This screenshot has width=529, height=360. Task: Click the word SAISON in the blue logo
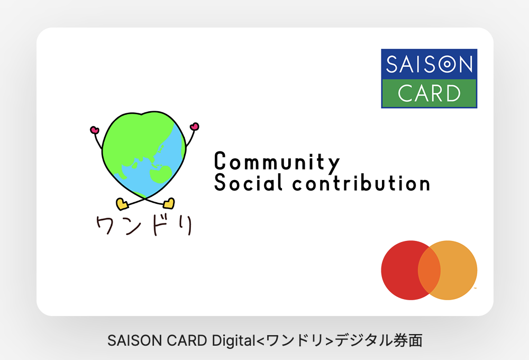point(429,64)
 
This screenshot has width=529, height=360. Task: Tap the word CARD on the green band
point(429,93)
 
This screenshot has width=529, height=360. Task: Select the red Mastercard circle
point(405,270)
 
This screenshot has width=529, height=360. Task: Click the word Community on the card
point(277,162)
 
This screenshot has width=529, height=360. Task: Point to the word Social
point(248,183)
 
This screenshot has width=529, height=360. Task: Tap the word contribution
point(361,183)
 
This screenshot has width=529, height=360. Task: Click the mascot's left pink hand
point(95,130)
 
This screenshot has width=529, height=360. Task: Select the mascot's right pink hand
point(194,127)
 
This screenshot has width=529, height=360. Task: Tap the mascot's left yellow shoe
point(122,204)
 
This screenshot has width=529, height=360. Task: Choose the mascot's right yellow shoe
point(169,203)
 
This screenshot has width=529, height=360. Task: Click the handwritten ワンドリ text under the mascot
point(144,225)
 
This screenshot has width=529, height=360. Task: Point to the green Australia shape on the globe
point(161,174)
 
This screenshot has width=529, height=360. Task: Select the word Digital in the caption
point(234,340)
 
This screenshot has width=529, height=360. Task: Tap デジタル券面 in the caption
point(378,340)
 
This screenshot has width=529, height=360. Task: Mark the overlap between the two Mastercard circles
point(429,270)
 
